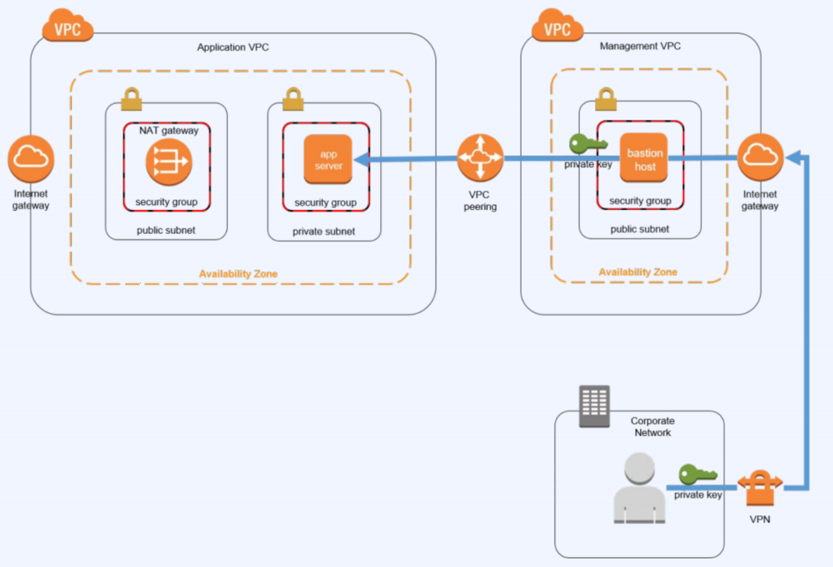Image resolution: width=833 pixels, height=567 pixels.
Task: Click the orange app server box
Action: [x=328, y=160]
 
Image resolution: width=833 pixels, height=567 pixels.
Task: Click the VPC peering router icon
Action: [x=480, y=158]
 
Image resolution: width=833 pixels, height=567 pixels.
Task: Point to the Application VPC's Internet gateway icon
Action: [x=31, y=158]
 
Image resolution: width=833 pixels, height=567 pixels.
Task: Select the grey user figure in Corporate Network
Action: [x=639, y=489]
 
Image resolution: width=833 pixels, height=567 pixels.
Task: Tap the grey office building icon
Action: [x=595, y=406]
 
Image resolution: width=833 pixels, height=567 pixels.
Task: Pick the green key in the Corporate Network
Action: [x=698, y=474]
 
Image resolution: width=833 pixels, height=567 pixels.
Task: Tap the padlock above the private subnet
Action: [x=293, y=99]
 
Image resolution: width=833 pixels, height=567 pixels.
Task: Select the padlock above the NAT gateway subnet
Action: [x=132, y=99]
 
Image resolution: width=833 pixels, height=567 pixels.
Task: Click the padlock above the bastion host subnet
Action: [x=605, y=98]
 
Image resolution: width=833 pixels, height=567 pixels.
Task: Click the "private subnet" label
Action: [x=324, y=231]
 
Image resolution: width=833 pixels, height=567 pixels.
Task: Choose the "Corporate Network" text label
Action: [x=653, y=427]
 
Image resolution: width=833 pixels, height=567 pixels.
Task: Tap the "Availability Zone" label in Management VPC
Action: [x=638, y=272]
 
